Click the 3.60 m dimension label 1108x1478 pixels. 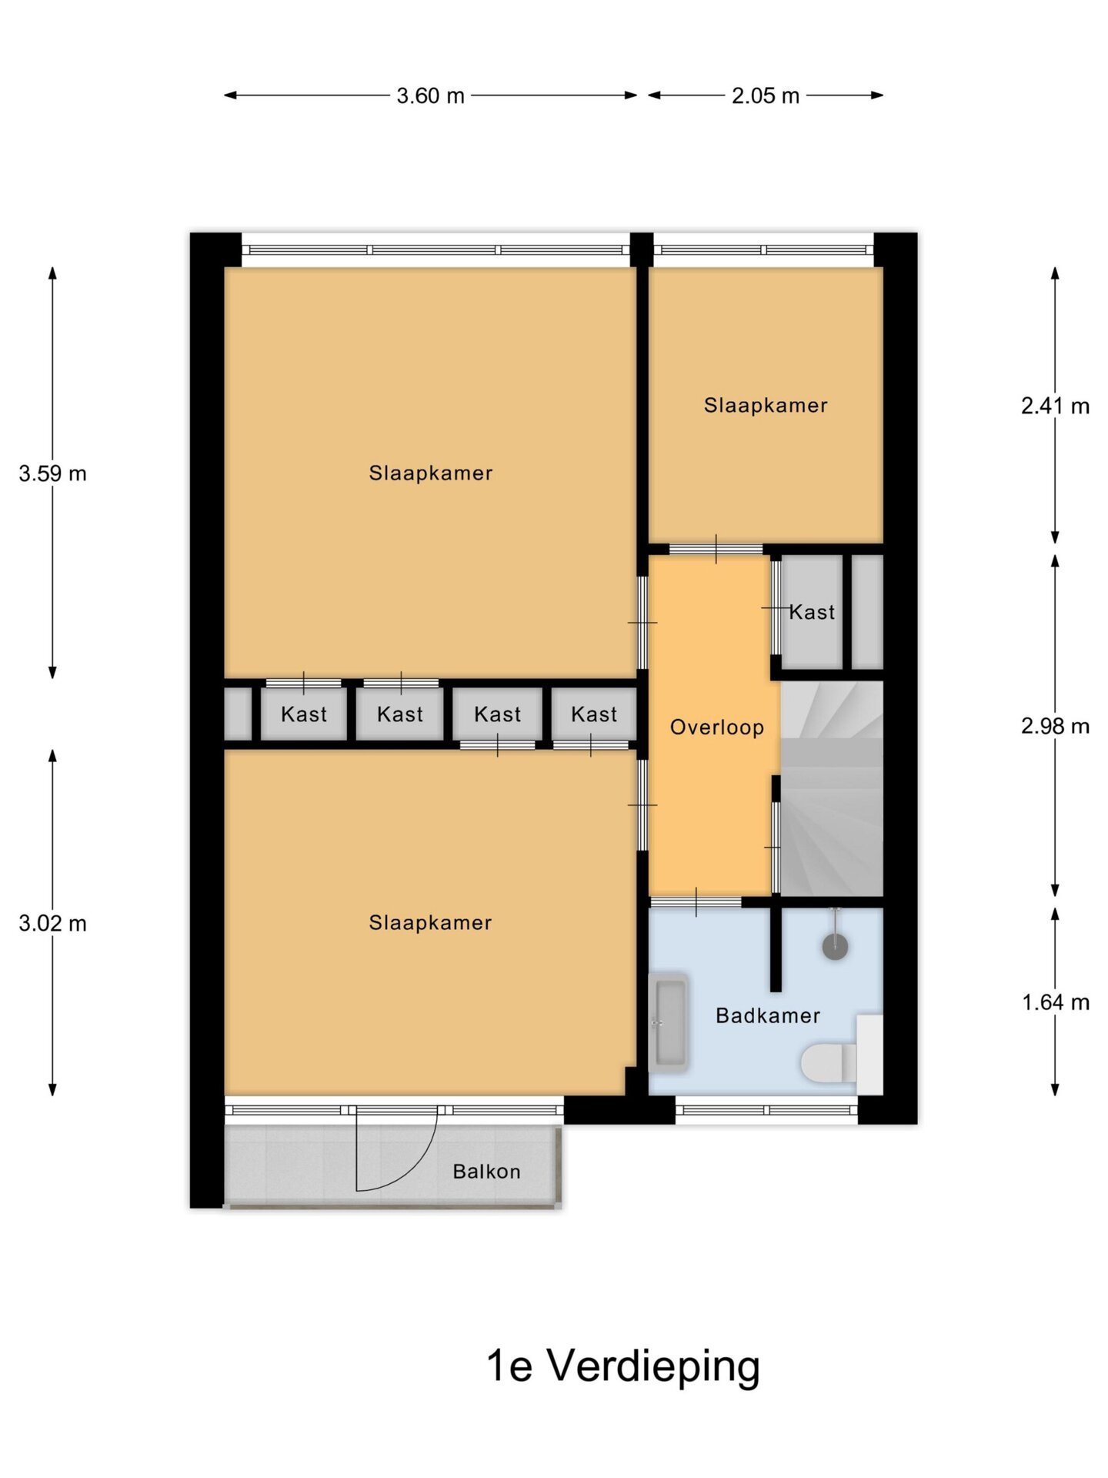click(x=430, y=95)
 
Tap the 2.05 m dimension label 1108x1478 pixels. click(x=765, y=95)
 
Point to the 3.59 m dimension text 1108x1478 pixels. click(x=52, y=473)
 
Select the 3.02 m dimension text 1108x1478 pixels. click(x=52, y=923)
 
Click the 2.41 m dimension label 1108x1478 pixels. click(x=1055, y=406)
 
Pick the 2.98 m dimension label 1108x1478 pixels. click(x=1055, y=726)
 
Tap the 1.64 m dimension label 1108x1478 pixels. click(x=1055, y=1002)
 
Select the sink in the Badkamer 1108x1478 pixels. click(x=668, y=1023)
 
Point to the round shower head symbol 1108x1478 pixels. click(x=835, y=946)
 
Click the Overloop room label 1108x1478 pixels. click(x=716, y=727)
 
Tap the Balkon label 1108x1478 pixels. click(x=486, y=1172)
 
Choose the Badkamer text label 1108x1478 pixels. click(x=768, y=1016)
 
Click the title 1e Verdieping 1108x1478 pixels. click(x=622, y=1366)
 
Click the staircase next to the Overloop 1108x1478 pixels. click(x=832, y=789)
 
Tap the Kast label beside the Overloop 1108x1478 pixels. click(x=812, y=613)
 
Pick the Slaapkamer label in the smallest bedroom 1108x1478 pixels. click(x=766, y=406)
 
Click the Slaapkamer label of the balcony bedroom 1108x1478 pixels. click(x=430, y=923)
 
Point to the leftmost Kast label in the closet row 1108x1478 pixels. click(x=304, y=715)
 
